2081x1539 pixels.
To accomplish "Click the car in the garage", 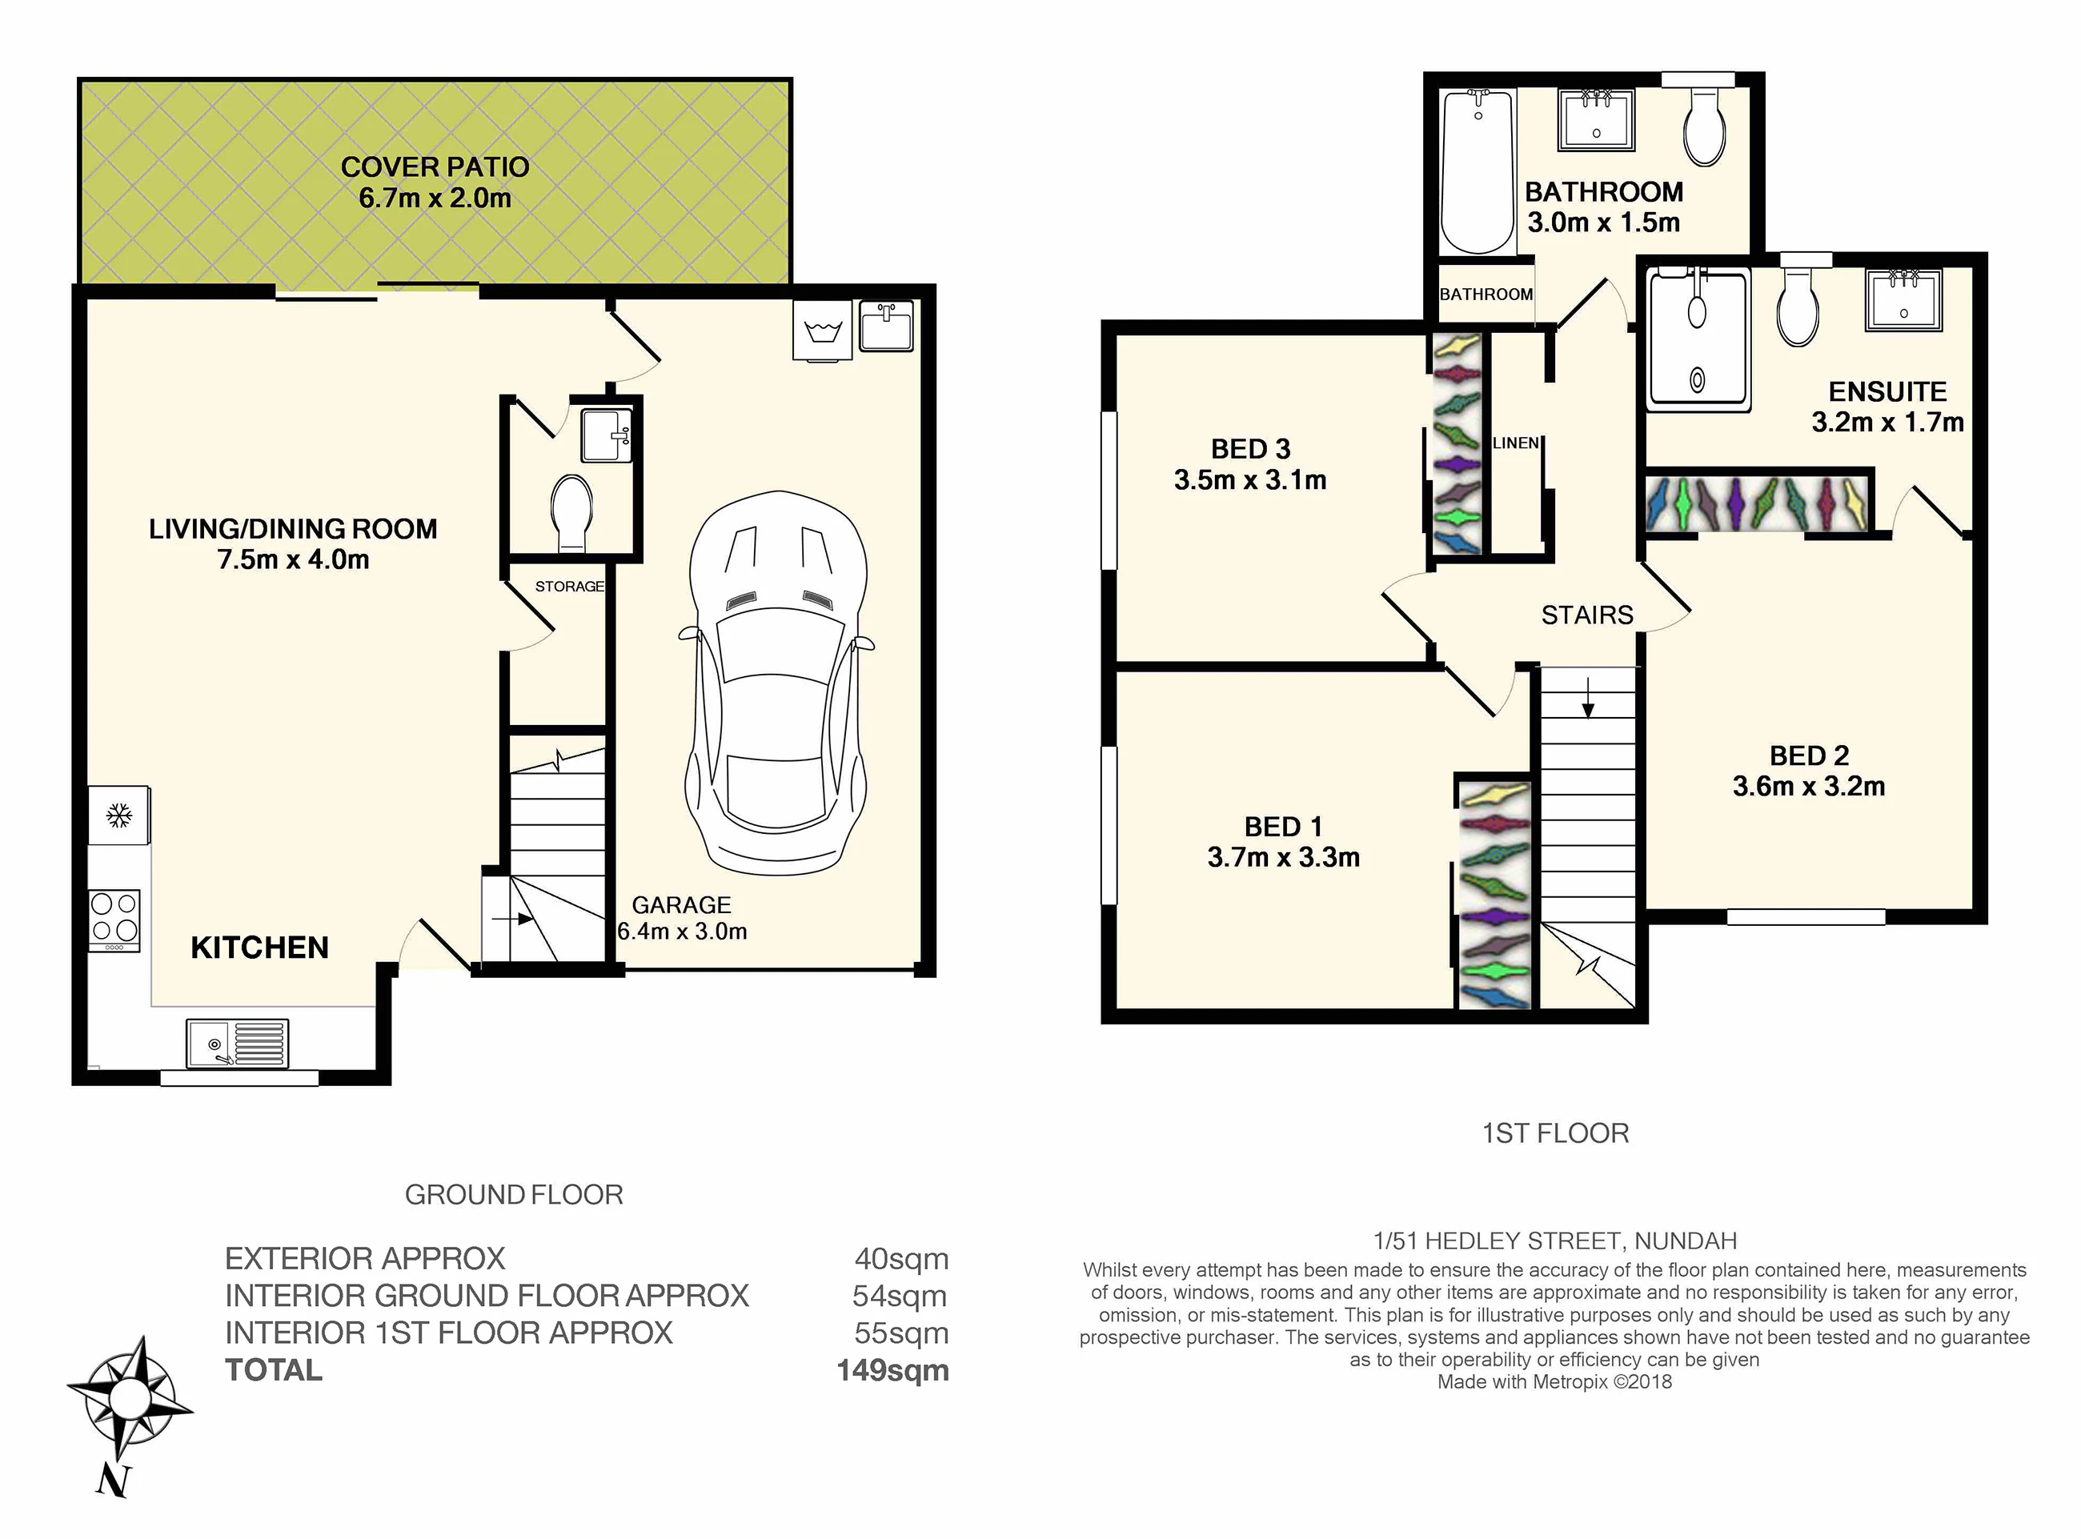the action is click(777, 683).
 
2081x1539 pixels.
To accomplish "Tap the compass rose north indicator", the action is click(113, 1481).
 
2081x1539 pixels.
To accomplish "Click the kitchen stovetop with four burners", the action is click(114, 920).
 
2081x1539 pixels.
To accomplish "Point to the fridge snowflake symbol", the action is click(118, 816).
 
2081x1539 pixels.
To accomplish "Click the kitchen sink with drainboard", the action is click(238, 1043).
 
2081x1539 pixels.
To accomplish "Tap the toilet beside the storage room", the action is click(572, 513).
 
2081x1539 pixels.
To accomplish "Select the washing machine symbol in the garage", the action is click(823, 330).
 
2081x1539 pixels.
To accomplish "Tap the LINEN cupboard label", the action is click(1516, 443).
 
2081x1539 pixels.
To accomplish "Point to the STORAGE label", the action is click(569, 586).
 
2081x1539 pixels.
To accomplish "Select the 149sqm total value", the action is click(892, 1370).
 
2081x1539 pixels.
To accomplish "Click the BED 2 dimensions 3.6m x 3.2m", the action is click(1809, 786).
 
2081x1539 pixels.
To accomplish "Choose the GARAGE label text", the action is click(681, 904).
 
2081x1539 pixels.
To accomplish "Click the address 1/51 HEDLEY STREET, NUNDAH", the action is click(1554, 1241).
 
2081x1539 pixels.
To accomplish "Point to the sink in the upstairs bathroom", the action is click(1597, 120).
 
